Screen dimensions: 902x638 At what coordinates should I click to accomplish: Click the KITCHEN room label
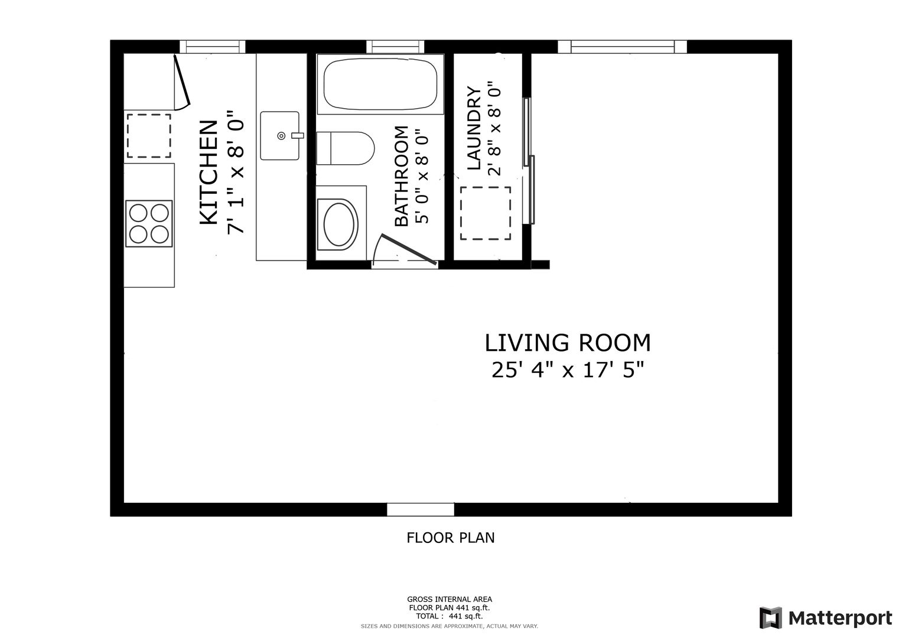[209, 172]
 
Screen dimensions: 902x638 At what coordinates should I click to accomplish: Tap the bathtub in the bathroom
[380, 84]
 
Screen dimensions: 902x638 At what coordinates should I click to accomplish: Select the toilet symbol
[345, 148]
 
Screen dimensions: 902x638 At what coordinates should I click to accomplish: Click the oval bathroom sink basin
[338, 224]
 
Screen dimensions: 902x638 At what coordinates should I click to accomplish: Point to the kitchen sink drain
[282, 136]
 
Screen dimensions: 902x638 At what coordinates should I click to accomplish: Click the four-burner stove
[149, 223]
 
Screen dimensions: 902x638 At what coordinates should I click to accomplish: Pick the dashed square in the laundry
[485, 213]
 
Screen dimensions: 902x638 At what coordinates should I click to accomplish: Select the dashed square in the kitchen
[149, 136]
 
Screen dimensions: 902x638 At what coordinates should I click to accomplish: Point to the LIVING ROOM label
[567, 343]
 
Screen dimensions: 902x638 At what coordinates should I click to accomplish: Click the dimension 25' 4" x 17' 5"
[567, 370]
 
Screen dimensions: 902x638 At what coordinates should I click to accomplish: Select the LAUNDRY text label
[474, 128]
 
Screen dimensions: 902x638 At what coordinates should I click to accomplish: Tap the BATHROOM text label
[402, 176]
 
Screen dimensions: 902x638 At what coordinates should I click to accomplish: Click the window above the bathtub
[395, 47]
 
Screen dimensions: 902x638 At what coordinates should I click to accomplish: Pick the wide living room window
[622, 47]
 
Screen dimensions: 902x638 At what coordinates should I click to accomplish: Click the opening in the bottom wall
[421, 509]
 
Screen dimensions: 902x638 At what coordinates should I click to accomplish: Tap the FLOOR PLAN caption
[450, 538]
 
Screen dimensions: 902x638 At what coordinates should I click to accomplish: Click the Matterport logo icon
[771, 617]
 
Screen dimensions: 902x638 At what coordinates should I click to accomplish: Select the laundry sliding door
[529, 161]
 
